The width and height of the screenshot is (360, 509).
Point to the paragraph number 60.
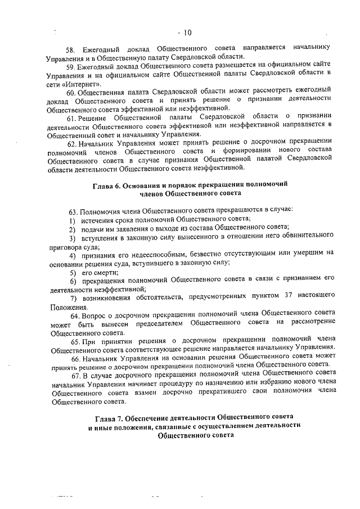point(71,91)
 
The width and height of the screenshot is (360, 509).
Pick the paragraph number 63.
point(74,210)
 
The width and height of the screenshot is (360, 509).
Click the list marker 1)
point(72,220)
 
